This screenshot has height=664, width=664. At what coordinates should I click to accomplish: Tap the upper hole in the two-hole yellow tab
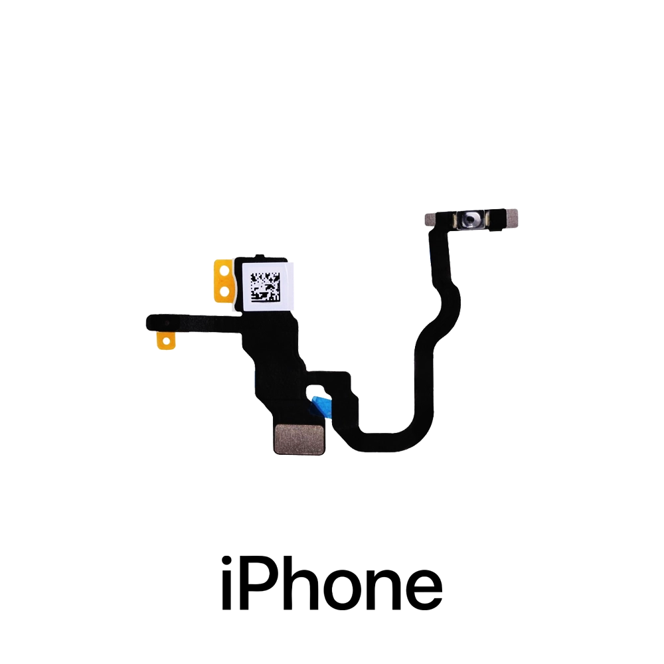[x=224, y=269]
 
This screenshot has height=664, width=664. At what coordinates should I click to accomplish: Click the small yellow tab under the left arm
[x=165, y=341]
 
